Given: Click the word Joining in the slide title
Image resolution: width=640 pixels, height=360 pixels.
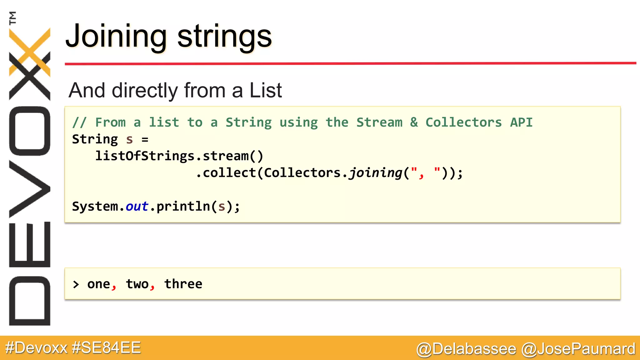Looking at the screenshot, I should tap(116, 37).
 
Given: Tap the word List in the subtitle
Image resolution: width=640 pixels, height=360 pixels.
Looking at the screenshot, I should tap(266, 90).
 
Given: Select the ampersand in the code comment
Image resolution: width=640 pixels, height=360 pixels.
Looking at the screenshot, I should tap(414, 122).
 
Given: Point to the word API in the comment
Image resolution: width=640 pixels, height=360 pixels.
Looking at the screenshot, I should tap(521, 122).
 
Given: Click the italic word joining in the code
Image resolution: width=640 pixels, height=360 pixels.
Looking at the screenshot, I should tap(375, 173).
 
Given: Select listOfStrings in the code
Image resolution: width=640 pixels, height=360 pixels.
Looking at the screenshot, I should tap(145, 156).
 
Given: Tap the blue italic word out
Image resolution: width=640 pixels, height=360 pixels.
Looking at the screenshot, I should tap(137, 206).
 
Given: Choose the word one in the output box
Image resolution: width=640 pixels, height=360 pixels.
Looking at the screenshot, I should tap(98, 284).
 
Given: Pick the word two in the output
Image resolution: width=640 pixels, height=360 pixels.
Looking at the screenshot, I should tap(137, 284).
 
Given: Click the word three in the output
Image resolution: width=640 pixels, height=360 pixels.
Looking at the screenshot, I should tap(183, 284).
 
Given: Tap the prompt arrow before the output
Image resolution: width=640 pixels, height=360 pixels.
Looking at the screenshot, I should tap(76, 284).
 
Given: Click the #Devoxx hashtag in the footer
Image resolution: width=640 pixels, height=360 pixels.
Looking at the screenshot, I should tap(36, 348).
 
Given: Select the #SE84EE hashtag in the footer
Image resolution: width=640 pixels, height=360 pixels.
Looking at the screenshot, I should tap(106, 348).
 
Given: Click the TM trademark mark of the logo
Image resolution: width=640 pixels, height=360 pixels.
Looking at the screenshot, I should tap(12, 18).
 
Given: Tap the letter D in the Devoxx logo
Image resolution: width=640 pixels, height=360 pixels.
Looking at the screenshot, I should tap(30, 301).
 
